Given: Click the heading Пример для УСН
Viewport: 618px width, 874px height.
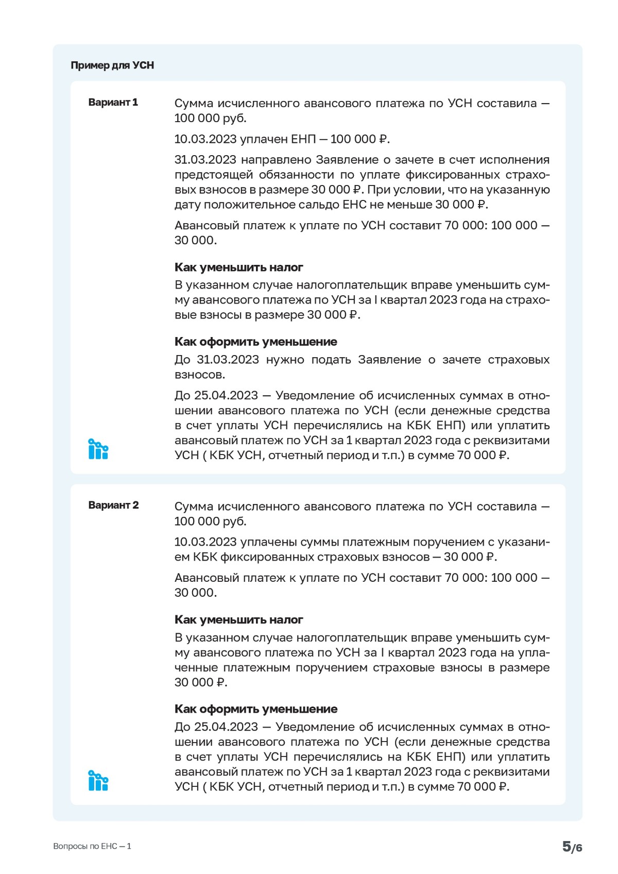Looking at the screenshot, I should (x=112, y=65).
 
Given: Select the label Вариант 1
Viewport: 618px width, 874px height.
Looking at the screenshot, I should (x=113, y=102).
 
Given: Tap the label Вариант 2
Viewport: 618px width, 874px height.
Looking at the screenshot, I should (x=113, y=505).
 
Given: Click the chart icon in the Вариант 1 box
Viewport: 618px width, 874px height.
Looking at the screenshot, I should (x=98, y=449).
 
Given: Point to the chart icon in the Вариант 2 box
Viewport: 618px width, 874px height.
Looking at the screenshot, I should (x=98, y=781).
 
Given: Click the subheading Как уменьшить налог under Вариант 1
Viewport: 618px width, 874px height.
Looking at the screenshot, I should (x=238, y=267).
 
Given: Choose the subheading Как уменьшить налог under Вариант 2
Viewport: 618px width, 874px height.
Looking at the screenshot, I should (x=238, y=619).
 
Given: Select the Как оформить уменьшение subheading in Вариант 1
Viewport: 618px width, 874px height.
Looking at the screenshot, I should (x=255, y=342).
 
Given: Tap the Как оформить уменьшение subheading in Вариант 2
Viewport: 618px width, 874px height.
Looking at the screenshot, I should (x=255, y=709).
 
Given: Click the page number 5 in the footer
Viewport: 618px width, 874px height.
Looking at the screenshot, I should (x=566, y=846).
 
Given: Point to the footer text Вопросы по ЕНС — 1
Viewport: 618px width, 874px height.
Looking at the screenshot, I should (x=92, y=846).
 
